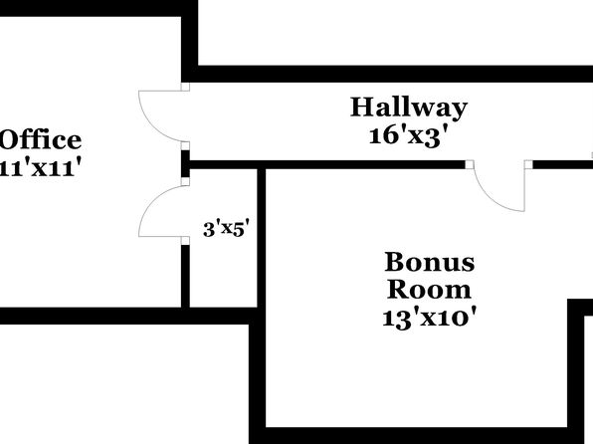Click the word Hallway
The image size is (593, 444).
tap(409, 109)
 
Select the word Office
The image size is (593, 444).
tap(41, 139)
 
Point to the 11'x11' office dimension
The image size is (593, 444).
tap(41, 167)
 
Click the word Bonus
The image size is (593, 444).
tap(430, 262)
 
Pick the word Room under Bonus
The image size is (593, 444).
tap(429, 290)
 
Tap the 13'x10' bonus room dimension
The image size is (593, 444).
tap(429, 318)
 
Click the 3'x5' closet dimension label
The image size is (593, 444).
tap(226, 229)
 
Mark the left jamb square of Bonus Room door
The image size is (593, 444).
tap(470, 164)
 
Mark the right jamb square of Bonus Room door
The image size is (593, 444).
tap(528, 164)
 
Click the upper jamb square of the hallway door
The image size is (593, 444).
tap(185, 87)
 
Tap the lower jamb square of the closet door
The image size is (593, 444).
tap(185, 241)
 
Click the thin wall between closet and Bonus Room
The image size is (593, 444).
tap(262, 238)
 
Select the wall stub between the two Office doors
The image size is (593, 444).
tap(185, 164)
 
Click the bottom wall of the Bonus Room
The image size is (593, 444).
tap(417, 436)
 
